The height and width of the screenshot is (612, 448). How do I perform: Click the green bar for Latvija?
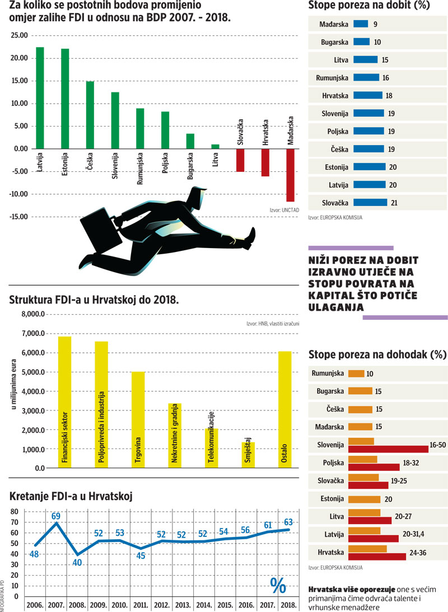pyautogui.click(x=40, y=97)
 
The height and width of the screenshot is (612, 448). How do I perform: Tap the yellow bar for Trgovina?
pyautogui.click(x=138, y=419)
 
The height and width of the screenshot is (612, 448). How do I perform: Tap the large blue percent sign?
pyautogui.click(x=278, y=585)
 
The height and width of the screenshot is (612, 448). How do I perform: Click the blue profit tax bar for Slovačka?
pyautogui.click(x=370, y=202)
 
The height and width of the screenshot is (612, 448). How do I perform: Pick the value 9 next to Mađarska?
pyautogui.click(x=375, y=24)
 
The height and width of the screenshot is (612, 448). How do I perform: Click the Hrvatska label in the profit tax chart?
pyautogui.click(x=335, y=95)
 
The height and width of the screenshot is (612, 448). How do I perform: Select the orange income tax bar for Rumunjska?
pyautogui.click(x=356, y=373)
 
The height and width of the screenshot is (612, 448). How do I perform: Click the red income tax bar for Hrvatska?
pyautogui.click(x=377, y=557)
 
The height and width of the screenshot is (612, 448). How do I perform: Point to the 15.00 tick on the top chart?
pyautogui.click(x=19, y=81)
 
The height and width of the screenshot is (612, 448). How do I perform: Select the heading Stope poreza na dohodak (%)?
pyautogui.click(x=377, y=354)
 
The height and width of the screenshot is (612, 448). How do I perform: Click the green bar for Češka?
pyautogui.click(x=90, y=115)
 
